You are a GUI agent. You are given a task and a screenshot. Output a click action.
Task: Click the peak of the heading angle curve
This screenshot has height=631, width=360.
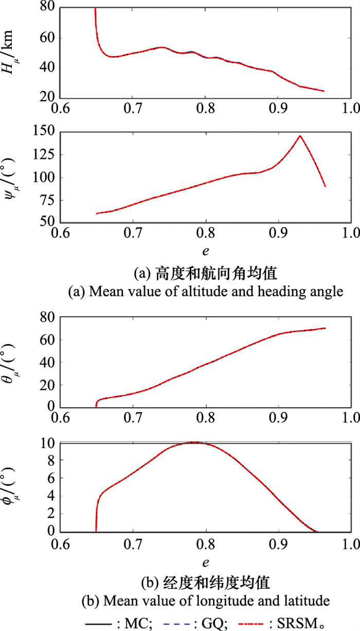(299, 136)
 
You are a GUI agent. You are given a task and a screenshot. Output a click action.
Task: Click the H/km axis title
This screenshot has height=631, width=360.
(15, 52)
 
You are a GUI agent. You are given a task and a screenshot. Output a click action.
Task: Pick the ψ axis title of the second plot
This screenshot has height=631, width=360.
(15, 177)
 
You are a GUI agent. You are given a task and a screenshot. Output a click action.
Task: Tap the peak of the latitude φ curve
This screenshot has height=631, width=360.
(194, 442)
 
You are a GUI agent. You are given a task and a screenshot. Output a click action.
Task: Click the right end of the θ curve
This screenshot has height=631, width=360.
(325, 328)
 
